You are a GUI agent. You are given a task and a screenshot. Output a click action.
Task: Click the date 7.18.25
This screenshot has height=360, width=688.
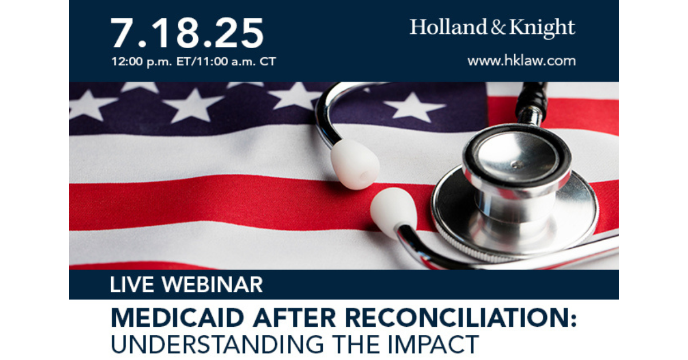(x=187, y=33)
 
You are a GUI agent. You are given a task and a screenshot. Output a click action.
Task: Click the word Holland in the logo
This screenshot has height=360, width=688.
(x=449, y=27)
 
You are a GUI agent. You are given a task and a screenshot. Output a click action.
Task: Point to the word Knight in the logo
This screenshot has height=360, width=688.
(x=542, y=28)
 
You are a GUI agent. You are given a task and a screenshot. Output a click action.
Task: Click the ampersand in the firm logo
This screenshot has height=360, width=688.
(x=498, y=28)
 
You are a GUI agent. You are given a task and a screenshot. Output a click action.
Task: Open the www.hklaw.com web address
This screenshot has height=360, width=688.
(x=522, y=61)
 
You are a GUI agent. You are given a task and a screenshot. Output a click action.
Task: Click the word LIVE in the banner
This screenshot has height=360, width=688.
(x=132, y=284)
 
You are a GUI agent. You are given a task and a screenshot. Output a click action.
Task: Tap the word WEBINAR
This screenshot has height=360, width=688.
(x=213, y=284)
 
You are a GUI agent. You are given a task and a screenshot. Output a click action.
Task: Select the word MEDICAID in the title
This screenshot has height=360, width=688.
(x=177, y=318)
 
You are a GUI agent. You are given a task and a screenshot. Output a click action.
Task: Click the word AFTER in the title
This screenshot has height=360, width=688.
(x=295, y=318)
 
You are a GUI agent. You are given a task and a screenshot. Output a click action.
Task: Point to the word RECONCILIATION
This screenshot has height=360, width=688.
(x=457, y=318)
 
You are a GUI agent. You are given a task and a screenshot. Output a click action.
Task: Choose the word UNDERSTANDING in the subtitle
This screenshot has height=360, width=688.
(x=217, y=345)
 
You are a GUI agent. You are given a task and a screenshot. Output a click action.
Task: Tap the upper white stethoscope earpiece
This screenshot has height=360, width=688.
(x=355, y=164)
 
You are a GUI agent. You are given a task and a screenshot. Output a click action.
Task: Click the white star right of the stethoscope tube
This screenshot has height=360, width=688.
(x=414, y=107)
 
